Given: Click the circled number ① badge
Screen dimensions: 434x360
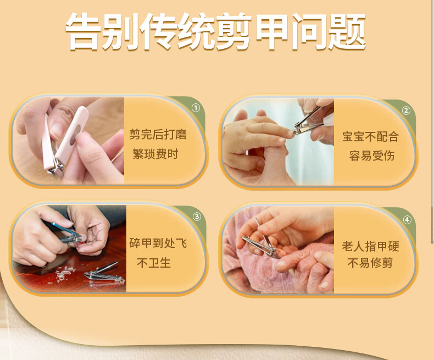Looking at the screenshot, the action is pyautogui.click(x=196, y=108).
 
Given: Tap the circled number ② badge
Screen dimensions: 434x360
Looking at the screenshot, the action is pyautogui.click(x=406, y=110).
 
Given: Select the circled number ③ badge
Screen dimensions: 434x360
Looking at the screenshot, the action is pyautogui.click(x=197, y=217).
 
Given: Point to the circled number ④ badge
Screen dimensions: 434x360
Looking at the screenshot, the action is pyautogui.click(x=407, y=220).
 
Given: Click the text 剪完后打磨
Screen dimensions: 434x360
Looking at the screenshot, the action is pyautogui.click(x=158, y=134).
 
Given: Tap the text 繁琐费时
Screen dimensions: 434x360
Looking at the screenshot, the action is pyautogui.click(x=155, y=154).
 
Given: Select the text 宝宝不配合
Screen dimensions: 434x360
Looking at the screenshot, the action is pyautogui.click(x=370, y=136).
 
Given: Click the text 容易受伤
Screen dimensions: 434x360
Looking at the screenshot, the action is pyautogui.click(x=371, y=156).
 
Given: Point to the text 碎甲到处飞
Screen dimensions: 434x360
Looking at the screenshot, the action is pyautogui.click(x=158, y=243).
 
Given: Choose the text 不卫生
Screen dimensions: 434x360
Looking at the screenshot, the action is pyautogui.click(x=154, y=263).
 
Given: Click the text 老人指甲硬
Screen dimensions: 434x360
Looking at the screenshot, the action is pyautogui.click(x=370, y=246).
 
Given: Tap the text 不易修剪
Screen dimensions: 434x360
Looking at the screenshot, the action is pyautogui.click(x=370, y=263).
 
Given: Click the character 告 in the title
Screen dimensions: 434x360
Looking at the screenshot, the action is pyautogui.click(x=84, y=32).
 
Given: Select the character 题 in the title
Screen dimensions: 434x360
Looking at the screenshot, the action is pyautogui.click(x=348, y=32).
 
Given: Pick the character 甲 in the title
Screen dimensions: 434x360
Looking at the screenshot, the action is pyautogui.click(x=272, y=32).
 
